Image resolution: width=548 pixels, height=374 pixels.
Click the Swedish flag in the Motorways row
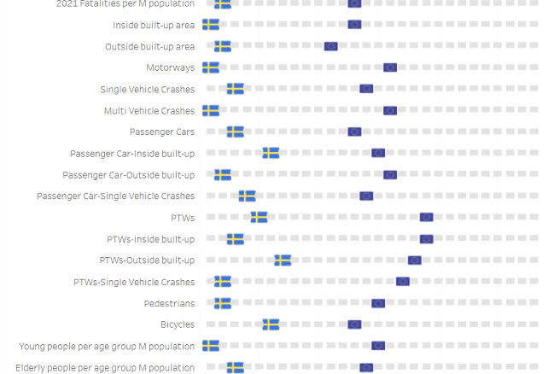pyautogui.click(x=211, y=67)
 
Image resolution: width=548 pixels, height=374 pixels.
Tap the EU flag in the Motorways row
pyautogui.click(x=390, y=67)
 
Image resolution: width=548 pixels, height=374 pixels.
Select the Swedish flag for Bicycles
pyautogui.click(x=271, y=324)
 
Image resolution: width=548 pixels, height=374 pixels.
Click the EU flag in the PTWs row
pyautogui.click(x=426, y=218)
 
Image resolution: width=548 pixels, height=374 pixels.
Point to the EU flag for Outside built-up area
pyautogui.click(x=331, y=46)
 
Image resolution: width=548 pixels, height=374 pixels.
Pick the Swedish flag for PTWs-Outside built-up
pyautogui.click(x=283, y=260)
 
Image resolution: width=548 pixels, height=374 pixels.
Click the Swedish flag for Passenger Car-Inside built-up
pyautogui.click(x=271, y=153)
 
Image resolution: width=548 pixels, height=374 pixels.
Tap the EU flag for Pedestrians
pyautogui.click(x=378, y=303)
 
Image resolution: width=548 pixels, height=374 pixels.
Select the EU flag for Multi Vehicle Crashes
pyautogui.click(x=390, y=110)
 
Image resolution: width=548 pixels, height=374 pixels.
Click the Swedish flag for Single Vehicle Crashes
pyautogui.click(x=235, y=89)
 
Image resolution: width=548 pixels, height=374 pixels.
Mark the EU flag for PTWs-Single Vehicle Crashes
pyautogui.click(x=402, y=282)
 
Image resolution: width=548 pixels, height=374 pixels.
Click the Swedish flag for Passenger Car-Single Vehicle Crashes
pyautogui.click(x=247, y=196)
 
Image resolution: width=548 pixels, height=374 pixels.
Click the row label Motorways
pyautogui.click(x=170, y=67)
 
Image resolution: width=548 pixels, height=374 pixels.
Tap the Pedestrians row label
pyautogui.click(x=169, y=303)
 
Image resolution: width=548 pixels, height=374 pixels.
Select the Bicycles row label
pyautogui.click(x=178, y=324)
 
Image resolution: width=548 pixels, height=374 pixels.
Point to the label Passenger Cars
pyautogui.click(x=162, y=131)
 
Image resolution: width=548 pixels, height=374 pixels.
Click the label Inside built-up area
pyautogui.click(x=154, y=25)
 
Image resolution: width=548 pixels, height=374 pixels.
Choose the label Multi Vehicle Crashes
pyautogui.click(x=149, y=110)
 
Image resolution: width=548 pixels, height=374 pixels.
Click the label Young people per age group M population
pyautogui.click(x=107, y=346)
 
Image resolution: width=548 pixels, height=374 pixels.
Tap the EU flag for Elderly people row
pyautogui.click(x=366, y=367)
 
